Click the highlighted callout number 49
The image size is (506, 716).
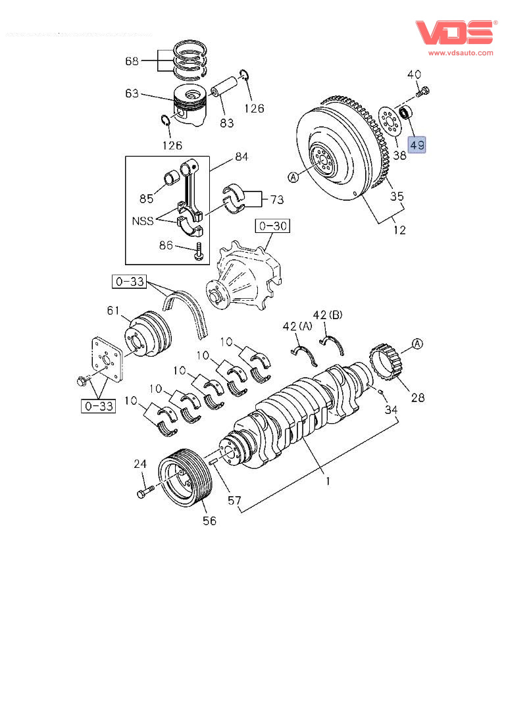[x=417, y=144]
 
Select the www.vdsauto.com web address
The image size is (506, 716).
[x=461, y=53]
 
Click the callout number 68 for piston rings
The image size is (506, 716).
[x=132, y=61]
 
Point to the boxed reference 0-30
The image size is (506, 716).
[x=273, y=226]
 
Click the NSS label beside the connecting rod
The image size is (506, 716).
[x=141, y=221]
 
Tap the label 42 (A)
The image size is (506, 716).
[x=297, y=327]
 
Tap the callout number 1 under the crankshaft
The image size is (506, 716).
[x=327, y=481]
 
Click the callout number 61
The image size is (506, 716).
[x=113, y=311]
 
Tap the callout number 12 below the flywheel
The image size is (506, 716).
[x=399, y=230]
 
